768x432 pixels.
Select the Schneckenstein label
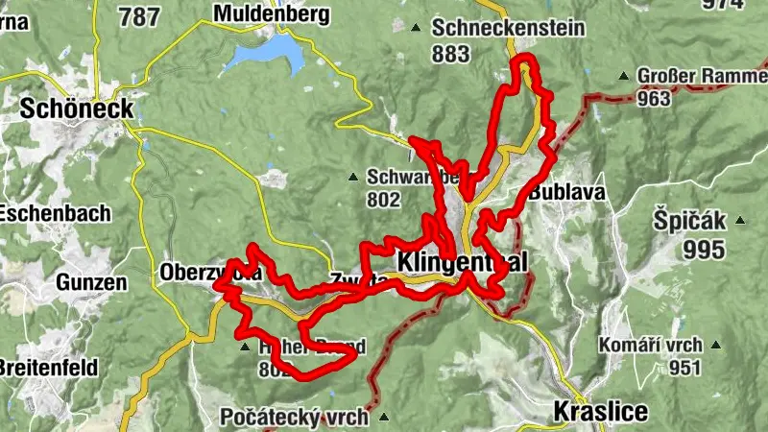(508, 27)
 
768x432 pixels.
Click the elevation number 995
(706, 250)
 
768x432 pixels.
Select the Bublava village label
(566, 192)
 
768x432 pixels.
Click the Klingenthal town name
(462, 262)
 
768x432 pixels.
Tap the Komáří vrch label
(650, 345)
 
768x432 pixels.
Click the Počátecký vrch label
(294, 418)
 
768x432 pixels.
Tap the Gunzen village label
(91, 283)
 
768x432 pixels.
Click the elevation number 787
(138, 16)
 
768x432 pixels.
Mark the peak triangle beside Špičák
(740, 219)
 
